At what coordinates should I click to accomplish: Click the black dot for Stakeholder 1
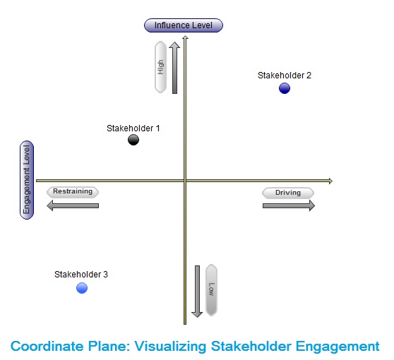tap(133, 140)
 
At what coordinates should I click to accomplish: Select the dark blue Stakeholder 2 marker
tap(285, 88)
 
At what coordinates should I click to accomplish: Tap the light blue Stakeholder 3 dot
tap(82, 288)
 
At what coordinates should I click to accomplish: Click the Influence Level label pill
tap(184, 25)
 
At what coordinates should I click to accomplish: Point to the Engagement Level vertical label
tap(27, 180)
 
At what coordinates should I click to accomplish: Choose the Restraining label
tap(73, 192)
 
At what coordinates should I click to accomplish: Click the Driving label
tap(288, 193)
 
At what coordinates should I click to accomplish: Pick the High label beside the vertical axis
tap(160, 67)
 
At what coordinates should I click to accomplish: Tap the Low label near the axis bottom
tap(211, 289)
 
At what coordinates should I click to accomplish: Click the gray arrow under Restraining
tap(73, 205)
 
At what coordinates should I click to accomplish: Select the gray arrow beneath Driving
tap(289, 205)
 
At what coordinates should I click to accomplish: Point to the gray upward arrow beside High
tap(174, 68)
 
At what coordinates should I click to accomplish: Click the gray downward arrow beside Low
tap(197, 292)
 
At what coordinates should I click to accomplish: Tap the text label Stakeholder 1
tap(133, 128)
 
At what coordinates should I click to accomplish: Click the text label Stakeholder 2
tap(285, 76)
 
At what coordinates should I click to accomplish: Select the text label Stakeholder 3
tap(81, 275)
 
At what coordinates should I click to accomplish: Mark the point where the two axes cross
tap(185, 181)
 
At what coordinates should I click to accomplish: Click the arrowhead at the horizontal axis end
tap(330, 181)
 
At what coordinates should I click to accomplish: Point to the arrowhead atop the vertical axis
tap(185, 37)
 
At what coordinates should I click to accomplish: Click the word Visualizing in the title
tap(171, 347)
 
